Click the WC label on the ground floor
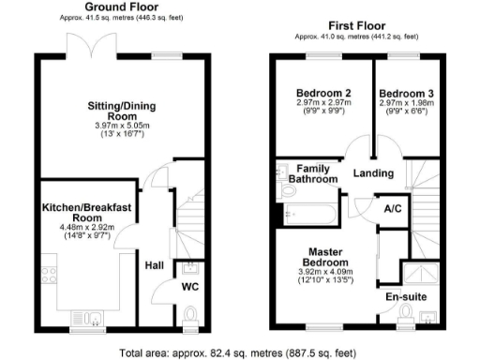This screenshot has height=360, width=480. (190, 287)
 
